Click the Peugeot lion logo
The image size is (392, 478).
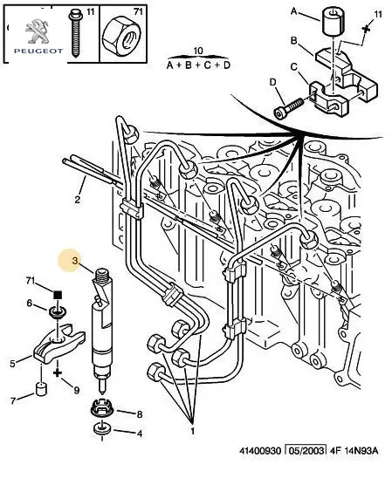(x=37, y=31)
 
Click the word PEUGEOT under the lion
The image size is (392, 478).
(x=38, y=51)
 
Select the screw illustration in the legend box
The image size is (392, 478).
(x=75, y=33)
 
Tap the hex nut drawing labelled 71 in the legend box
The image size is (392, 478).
(x=121, y=36)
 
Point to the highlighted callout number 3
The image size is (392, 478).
(x=75, y=261)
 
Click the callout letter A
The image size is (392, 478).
(x=293, y=11)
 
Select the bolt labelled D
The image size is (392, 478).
(x=288, y=109)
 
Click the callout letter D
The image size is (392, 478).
(x=272, y=82)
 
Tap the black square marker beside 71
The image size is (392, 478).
(x=58, y=295)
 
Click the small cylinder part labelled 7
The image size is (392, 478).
(x=42, y=388)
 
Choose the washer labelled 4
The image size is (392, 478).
(x=102, y=428)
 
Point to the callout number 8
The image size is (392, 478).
(x=140, y=414)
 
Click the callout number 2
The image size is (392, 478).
(x=78, y=200)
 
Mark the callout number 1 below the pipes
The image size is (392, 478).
(x=193, y=431)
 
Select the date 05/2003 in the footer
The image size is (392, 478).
(x=305, y=450)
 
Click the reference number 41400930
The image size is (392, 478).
(x=259, y=450)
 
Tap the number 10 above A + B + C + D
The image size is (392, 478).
(x=198, y=51)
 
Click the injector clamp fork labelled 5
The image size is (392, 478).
(x=58, y=345)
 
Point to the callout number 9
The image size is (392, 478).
(x=76, y=390)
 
